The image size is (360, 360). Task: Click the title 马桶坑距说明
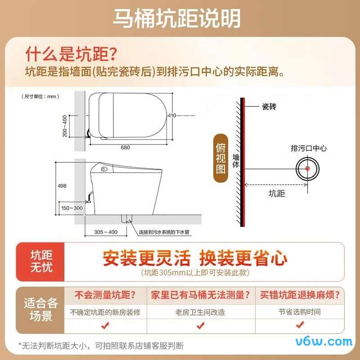(176, 18)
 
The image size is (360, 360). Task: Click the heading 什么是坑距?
(72, 54)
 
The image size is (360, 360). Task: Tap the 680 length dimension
(125, 147)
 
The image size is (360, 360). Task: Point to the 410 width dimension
(172, 116)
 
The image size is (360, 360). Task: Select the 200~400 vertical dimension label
(65, 126)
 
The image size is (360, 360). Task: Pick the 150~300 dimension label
(72, 208)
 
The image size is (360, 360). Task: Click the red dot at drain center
(308, 168)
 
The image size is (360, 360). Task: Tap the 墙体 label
(236, 162)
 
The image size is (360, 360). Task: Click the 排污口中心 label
(309, 148)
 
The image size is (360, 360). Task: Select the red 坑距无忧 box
(41, 261)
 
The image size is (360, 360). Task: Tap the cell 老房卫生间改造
(200, 312)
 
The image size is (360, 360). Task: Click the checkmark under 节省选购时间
(299, 325)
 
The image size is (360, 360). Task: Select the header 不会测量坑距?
(105, 296)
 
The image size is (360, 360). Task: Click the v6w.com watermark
(324, 341)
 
